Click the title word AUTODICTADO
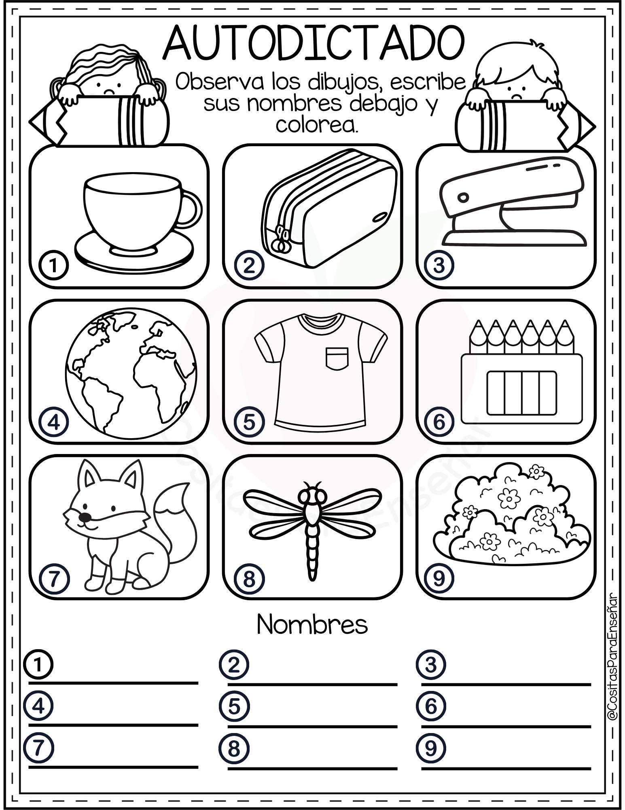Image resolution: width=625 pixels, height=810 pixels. pyautogui.click(x=314, y=43)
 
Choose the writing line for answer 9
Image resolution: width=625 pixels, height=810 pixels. pyautogui.click(x=506, y=768)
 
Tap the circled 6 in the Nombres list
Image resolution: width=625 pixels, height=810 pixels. pyautogui.click(x=430, y=706)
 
